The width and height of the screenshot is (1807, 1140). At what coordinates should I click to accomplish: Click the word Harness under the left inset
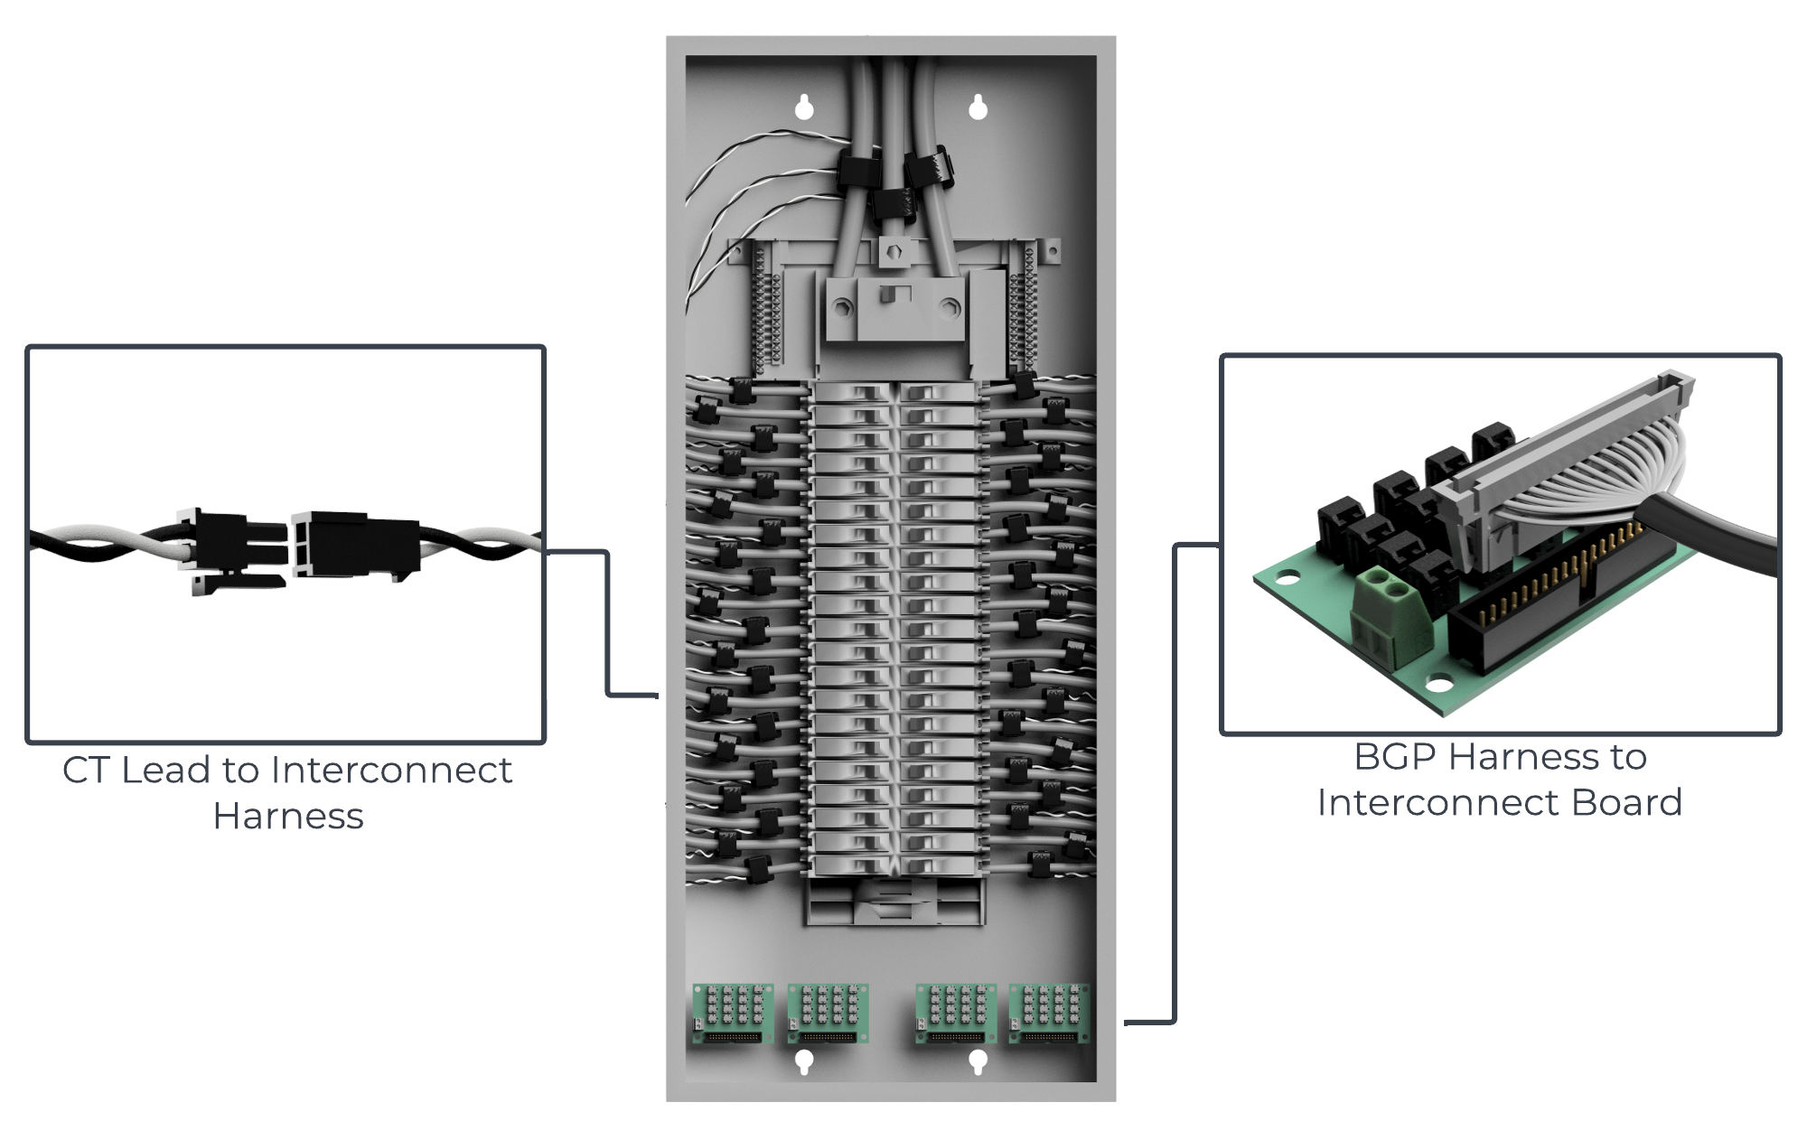(x=288, y=817)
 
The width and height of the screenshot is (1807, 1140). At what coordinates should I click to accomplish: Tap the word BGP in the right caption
(x=1395, y=757)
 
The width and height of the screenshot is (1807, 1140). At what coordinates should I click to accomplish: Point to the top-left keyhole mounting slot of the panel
(x=804, y=107)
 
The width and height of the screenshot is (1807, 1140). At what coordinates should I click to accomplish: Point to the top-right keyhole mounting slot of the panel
(x=978, y=107)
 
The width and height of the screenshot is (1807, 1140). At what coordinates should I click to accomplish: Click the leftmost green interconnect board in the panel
(x=732, y=1013)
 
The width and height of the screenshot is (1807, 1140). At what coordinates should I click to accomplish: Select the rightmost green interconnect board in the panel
(x=1049, y=1013)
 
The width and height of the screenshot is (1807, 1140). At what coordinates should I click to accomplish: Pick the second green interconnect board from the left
(x=828, y=1013)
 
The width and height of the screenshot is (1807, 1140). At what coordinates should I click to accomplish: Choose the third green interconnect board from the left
(x=956, y=1013)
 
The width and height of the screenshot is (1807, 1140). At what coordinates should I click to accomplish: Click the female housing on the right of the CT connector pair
(x=352, y=544)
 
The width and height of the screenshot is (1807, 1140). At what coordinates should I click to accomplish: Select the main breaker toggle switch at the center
(x=891, y=295)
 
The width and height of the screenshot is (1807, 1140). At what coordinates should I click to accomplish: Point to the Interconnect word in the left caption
(x=390, y=771)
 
